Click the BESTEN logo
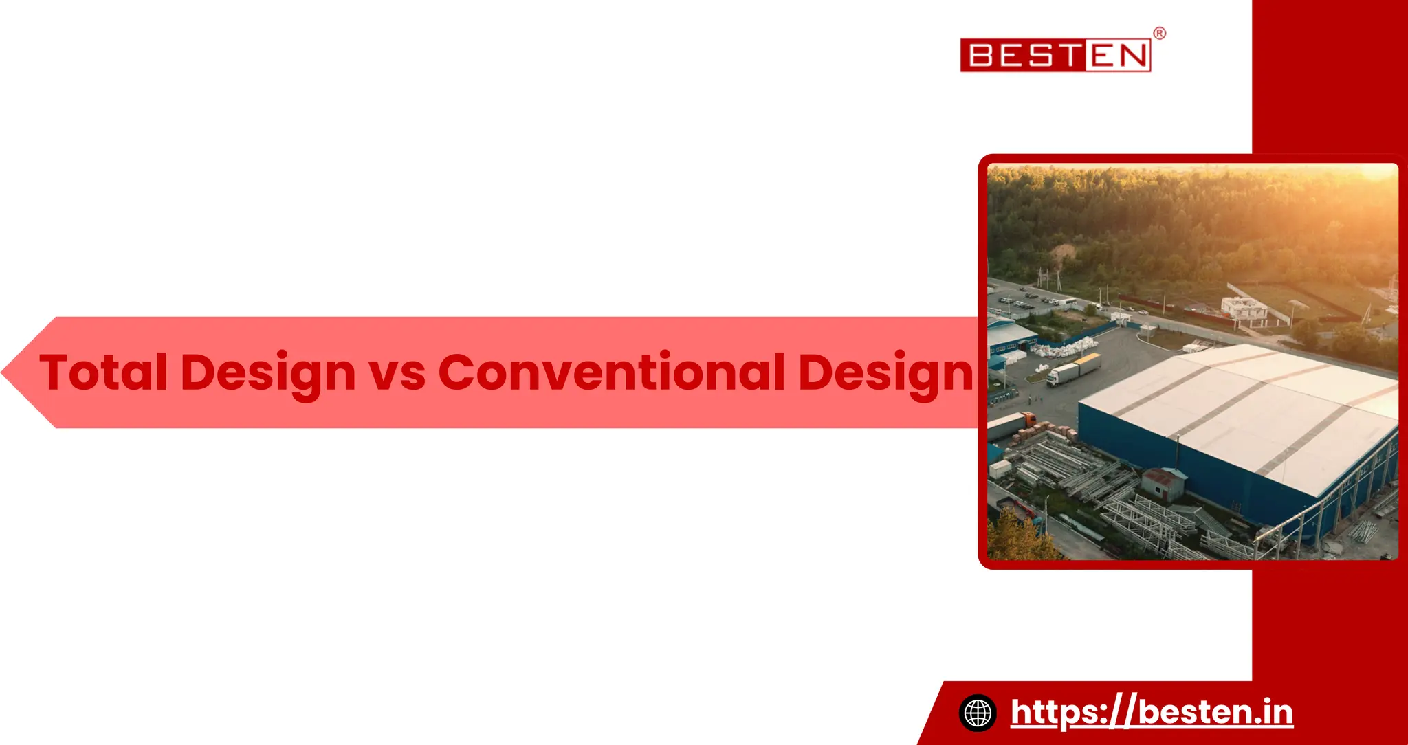(1055, 55)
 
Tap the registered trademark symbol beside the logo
(1159, 34)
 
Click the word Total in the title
(103, 372)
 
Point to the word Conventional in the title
(611, 372)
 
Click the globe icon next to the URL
(978, 712)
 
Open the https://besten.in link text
(1152, 712)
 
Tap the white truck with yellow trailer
(1072, 369)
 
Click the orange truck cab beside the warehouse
(1028, 419)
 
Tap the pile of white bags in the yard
(1062, 347)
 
